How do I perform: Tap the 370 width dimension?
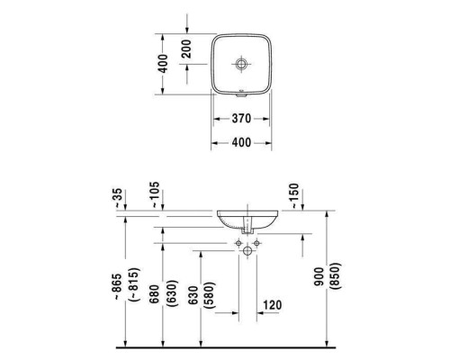[x=240, y=119]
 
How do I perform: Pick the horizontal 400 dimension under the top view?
[x=240, y=143]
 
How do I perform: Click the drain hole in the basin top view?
[x=240, y=64]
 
